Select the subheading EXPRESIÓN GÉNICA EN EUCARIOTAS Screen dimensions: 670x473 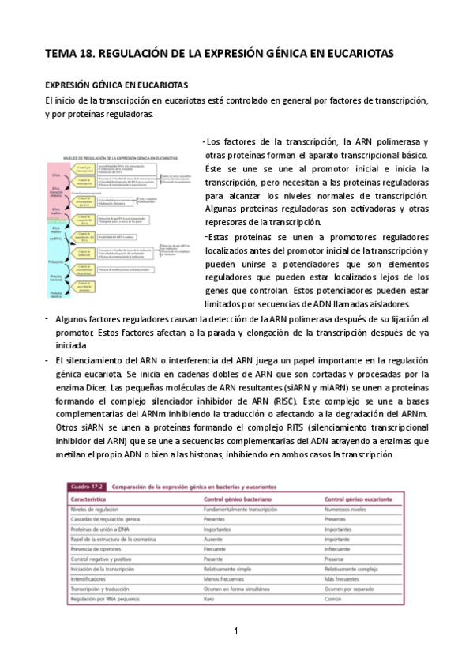pos(115,85)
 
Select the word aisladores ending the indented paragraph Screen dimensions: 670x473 pos(386,303)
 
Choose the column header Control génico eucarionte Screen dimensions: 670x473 pos(361,500)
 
